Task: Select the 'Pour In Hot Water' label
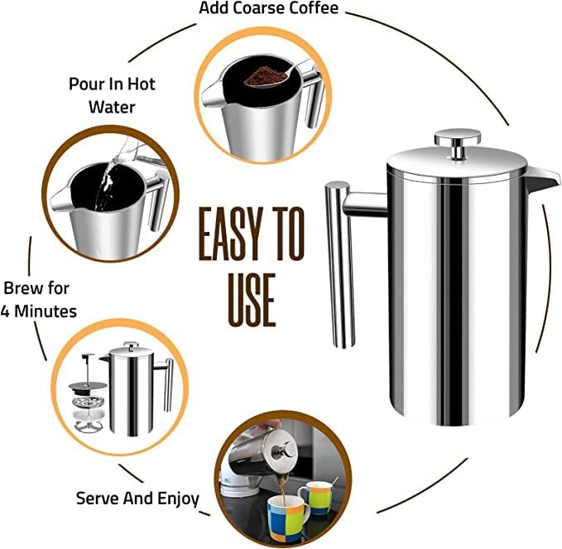(x=111, y=95)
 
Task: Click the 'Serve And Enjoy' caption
(x=137, y=498)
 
